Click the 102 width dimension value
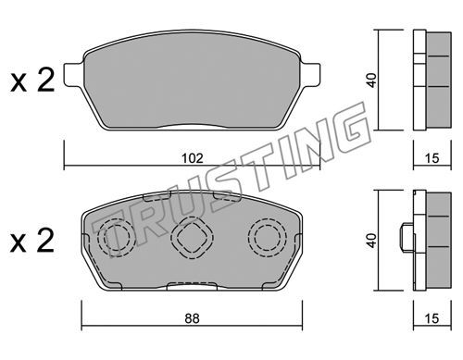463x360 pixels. (192, 158)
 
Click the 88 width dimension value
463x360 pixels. (192, 318)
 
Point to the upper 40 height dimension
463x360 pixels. (372, 80)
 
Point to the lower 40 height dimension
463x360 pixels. (372, 241)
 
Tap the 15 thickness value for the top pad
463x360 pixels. (432, 158)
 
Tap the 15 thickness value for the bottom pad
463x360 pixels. (432, 318)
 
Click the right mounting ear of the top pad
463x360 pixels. (310, 73)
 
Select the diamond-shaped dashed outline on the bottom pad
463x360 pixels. (192, 237)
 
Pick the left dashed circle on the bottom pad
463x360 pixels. (117, 237)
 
